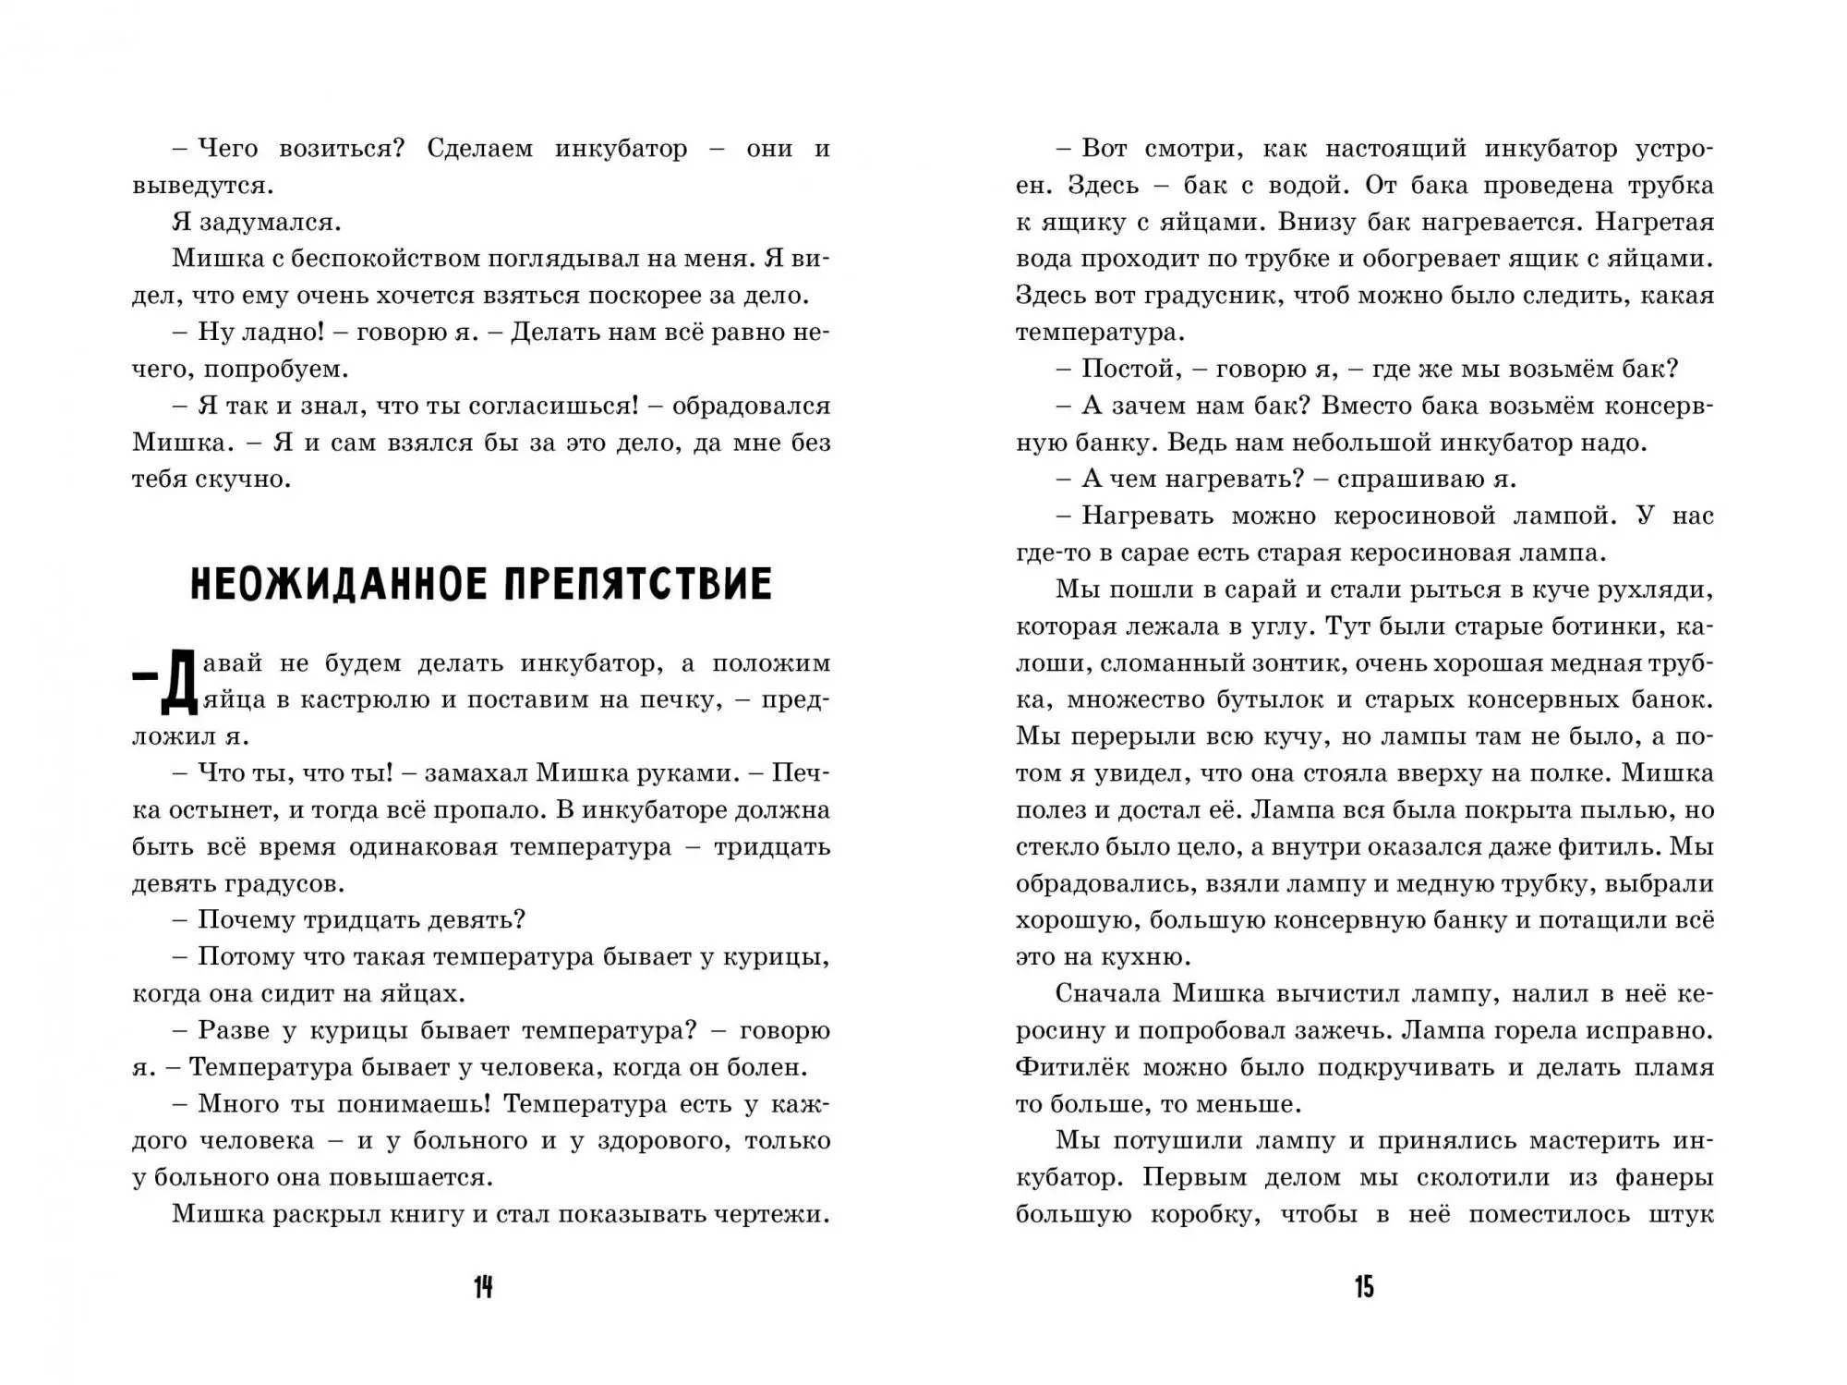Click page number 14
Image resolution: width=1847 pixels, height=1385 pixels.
pyautogui.click(x=483, y=1287)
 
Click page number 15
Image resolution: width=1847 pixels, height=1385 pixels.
pyautogui.click(x=1364, y=1287)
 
